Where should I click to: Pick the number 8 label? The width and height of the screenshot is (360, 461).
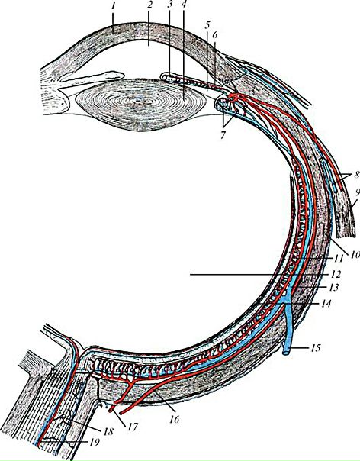click(356, 175)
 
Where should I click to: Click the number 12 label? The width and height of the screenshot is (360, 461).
click(336, 274)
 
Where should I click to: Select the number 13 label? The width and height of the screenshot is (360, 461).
click(333, 287)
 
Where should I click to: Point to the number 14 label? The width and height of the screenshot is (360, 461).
click(326, 303)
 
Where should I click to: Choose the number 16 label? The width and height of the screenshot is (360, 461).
click(174, 419)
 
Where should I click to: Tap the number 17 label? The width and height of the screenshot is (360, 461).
click(133, 427)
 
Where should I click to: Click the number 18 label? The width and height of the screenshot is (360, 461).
click(108, 432)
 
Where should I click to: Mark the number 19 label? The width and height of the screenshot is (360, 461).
click(94, 442)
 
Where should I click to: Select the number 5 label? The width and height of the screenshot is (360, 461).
click(207, 26)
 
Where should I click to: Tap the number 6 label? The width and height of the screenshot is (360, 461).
click(215, 35)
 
